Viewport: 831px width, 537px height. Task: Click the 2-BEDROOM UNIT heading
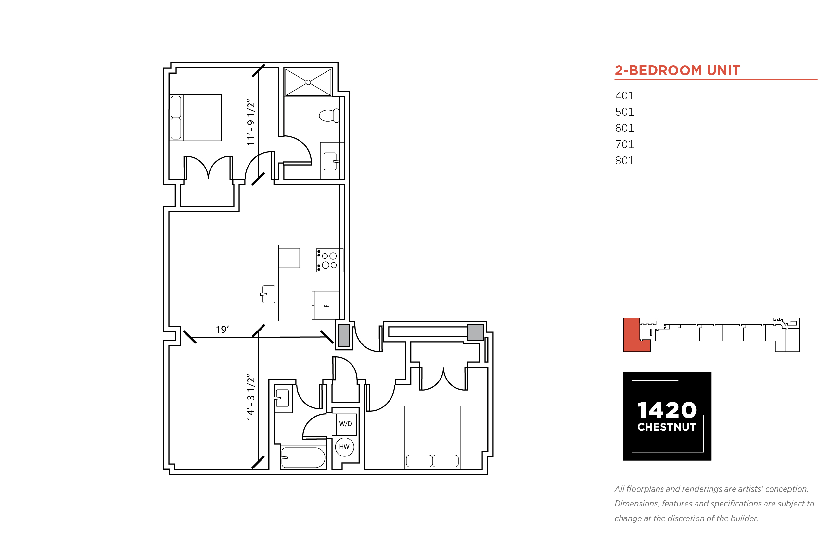(x=677, y=70)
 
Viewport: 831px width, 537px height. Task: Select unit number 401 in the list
(x=624, y=95)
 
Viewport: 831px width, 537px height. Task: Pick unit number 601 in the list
(x=624, y=128)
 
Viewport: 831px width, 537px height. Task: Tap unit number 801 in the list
(x=624, y=160)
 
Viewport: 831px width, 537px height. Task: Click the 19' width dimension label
(x=222, y=330)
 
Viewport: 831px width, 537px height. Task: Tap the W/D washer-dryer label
(x=345, y=424)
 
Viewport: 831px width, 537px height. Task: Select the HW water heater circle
(x=344, y=447)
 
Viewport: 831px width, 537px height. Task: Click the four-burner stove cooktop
(x=330, y=260)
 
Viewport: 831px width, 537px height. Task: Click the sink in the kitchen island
(x=268, y=294)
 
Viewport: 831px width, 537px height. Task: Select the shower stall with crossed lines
(x=308, y=82)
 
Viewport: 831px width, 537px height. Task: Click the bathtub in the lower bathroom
(x=303, y=457)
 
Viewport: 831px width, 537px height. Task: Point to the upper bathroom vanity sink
(x=331, y=161)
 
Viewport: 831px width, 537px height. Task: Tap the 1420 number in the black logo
(x=667, y=410)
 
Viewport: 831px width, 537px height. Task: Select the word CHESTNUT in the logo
(x=667, y=427)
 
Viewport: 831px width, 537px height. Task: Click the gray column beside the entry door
(x=344, y=335)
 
